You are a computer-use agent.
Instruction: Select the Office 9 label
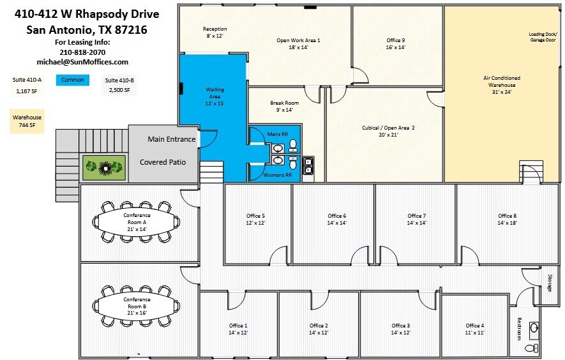coord(395,43)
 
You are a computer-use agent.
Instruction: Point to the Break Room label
coord(284,106)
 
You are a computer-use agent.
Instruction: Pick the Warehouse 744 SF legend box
coord(27,121)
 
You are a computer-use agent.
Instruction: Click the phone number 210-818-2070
coord(82,52)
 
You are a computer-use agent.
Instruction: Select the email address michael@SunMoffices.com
coord(83,62)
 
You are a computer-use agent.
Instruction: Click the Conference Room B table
coord(137,303)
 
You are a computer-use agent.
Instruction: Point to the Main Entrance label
coord(171,139)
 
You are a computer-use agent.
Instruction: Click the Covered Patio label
coord(163,162)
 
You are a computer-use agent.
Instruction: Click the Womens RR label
coord(278,174)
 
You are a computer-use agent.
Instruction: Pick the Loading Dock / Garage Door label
coord(543,36)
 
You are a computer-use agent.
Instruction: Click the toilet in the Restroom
coord(531,348)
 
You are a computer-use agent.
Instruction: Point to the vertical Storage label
coord(550,283)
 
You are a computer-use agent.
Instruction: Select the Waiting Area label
coord(215,96)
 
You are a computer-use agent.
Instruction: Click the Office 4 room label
coord(474,329)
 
